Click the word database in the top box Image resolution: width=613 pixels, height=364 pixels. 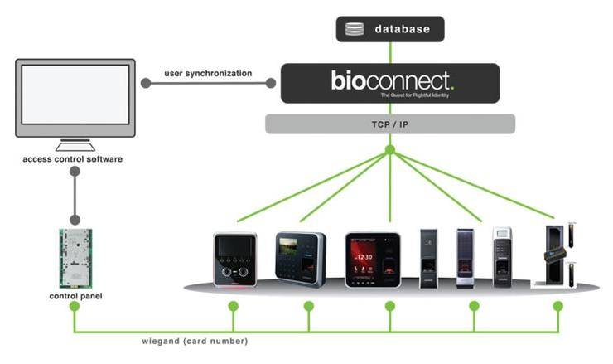pos(403,30)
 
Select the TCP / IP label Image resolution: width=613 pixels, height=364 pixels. pos(389,124)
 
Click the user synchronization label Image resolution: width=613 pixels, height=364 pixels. pos(208,74)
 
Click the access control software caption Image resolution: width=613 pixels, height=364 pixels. pos(73,158)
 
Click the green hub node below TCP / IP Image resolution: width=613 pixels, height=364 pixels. pos(389,150)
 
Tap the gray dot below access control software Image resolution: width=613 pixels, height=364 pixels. pos(75,172)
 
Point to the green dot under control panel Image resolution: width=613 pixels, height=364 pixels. pos(75,307)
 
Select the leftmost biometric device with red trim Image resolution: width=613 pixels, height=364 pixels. pos(235,260)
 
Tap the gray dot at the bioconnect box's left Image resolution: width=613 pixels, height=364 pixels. pos(270,82)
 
